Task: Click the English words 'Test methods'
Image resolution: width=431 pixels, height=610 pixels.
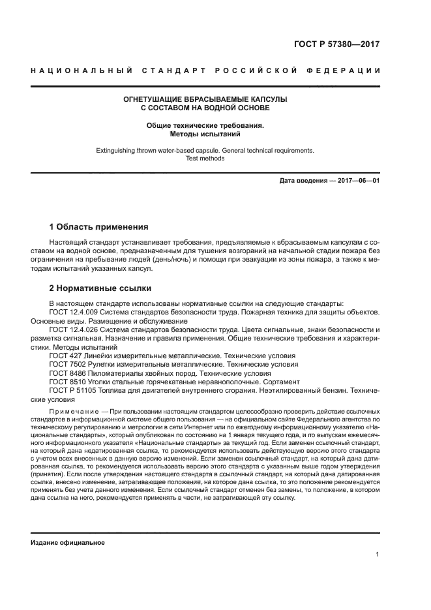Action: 205,158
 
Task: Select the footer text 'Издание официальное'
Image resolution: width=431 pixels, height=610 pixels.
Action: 68,543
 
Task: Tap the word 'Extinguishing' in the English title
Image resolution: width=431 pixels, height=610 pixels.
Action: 116,150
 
